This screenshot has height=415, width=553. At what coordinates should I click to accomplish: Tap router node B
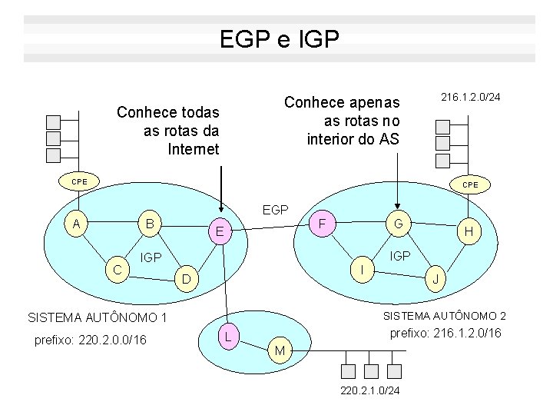151,224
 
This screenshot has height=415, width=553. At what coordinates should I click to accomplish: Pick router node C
116,269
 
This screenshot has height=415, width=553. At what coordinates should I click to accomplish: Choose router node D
186,276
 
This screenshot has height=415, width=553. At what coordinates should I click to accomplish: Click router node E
219,232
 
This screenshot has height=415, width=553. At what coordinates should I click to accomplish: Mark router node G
398,224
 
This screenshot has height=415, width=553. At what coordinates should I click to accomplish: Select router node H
469,231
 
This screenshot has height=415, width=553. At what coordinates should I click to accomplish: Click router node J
435,279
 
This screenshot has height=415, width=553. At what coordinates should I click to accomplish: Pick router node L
227,335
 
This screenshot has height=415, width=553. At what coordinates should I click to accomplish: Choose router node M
280,350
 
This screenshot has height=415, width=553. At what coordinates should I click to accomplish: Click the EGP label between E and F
275,210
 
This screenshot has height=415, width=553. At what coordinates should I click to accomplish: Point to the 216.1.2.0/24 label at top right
470,98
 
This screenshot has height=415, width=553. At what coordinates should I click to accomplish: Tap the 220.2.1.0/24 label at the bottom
369,391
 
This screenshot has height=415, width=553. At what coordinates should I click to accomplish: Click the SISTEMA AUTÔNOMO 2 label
445,316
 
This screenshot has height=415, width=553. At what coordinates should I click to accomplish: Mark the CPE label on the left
80,181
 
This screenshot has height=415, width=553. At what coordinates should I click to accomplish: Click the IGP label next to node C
151,257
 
